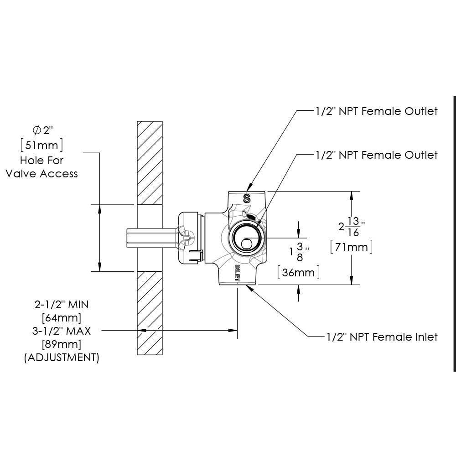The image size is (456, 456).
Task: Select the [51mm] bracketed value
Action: click(41, 145)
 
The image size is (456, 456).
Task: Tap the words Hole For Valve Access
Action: click(41, 167)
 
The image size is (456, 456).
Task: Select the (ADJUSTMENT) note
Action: click(61, 358)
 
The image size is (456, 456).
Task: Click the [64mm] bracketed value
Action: click(61, 317)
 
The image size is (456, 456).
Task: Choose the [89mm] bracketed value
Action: click(61, 344)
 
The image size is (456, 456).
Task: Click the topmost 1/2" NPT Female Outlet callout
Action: click(376, 111)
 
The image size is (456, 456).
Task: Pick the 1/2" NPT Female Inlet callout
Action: click(382, 337)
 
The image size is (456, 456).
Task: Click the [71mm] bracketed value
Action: click(352, 247)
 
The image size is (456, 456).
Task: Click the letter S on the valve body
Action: click(247, 198)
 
